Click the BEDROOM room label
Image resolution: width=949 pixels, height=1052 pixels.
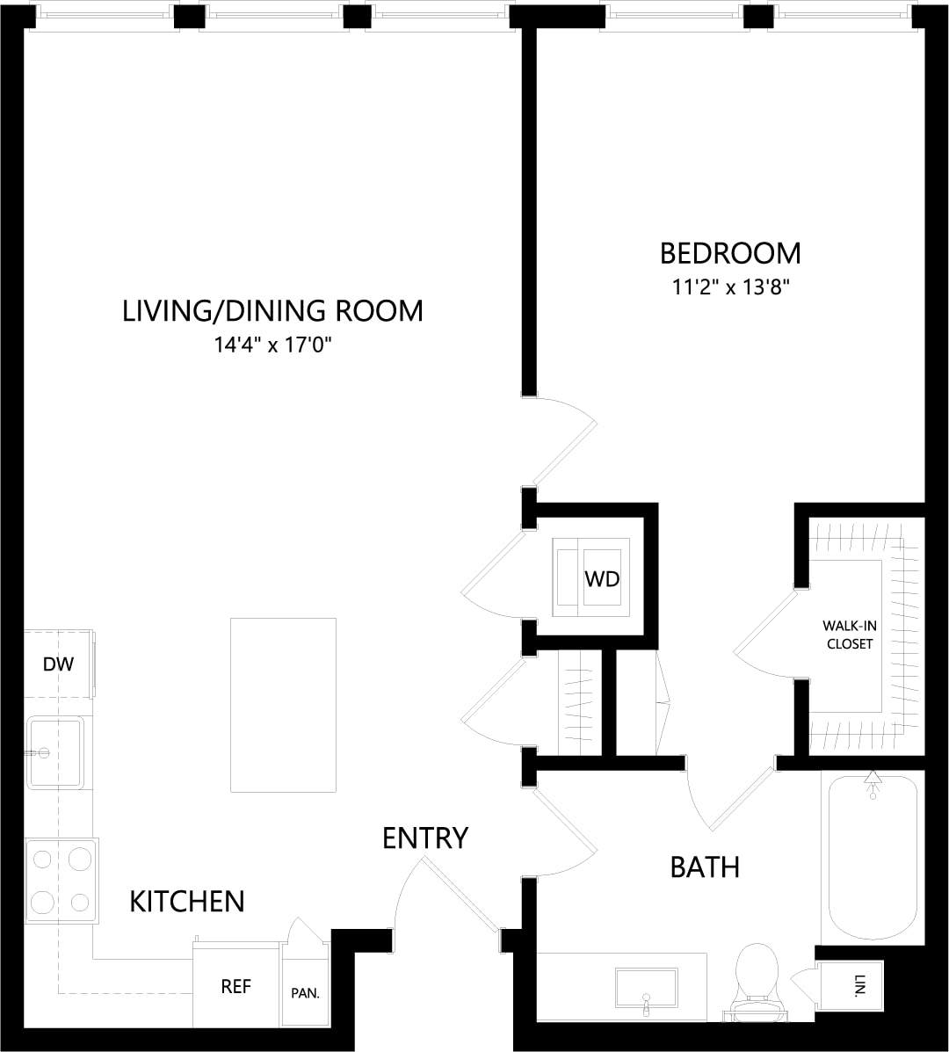tap(730, 253)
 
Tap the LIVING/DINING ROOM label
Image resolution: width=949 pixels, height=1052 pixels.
tap(272, 311)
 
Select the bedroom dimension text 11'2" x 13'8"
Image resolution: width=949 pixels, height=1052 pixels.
tap(730, 287)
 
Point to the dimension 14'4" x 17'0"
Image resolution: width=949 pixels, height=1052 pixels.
tap(272, 345)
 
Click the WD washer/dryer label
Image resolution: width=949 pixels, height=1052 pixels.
tap(602, 579)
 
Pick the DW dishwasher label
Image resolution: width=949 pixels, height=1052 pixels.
tap(58, 664)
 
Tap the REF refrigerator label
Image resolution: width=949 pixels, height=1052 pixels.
tap(235, 987)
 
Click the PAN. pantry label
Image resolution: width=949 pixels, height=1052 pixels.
tap(305, 994)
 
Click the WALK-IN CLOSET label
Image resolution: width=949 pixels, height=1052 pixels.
tap(847, 635)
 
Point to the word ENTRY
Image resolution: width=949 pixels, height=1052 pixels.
tap(425, 838)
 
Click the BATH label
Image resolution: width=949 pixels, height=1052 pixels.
tap(705, 867)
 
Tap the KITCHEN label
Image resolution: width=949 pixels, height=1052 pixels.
tap(187, 901)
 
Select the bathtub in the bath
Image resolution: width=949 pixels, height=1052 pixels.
tap(872, 857)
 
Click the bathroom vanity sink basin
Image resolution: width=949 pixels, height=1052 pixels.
tap(646, 988)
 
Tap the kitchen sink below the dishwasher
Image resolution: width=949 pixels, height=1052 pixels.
tap(54, 751)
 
